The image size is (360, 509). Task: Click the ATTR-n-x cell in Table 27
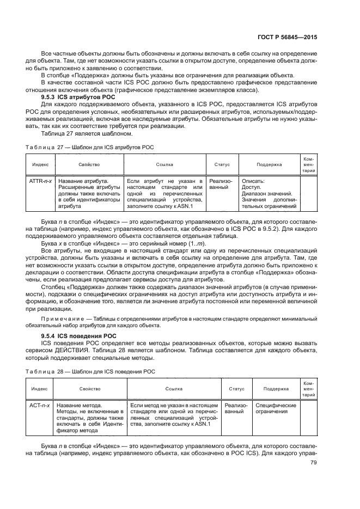coord(40,181)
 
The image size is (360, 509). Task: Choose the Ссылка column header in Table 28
coord(174,389)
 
